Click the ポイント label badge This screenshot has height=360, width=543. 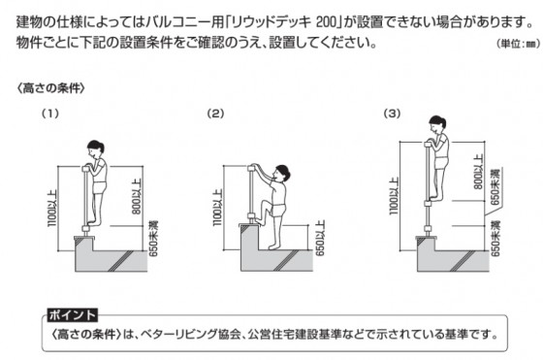point(73,315)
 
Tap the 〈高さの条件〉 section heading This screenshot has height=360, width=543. point(50,88)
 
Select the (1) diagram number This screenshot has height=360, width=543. point(50,114)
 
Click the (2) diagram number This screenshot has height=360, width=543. point(215,114)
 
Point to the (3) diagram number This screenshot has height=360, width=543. point(392,114)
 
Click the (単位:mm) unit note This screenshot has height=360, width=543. point(518,44)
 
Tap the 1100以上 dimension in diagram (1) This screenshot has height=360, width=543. point(52,208)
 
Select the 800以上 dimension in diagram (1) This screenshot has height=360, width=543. point(137,196)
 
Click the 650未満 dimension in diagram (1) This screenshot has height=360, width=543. point(153,239)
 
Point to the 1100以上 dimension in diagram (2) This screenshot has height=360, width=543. point(217,208)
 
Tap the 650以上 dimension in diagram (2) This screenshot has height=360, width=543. point(320,238)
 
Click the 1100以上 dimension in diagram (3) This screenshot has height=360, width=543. point(394,196)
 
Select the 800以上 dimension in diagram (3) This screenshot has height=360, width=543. point(478,172)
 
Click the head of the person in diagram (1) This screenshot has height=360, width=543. point(95,148)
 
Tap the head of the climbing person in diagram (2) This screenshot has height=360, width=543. point(281,174)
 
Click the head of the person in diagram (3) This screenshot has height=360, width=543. point(437,124)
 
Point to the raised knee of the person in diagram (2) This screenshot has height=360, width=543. point(264,204)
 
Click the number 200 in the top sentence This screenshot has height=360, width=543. point(327,22)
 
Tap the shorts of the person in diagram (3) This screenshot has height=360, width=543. point(441,163)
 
